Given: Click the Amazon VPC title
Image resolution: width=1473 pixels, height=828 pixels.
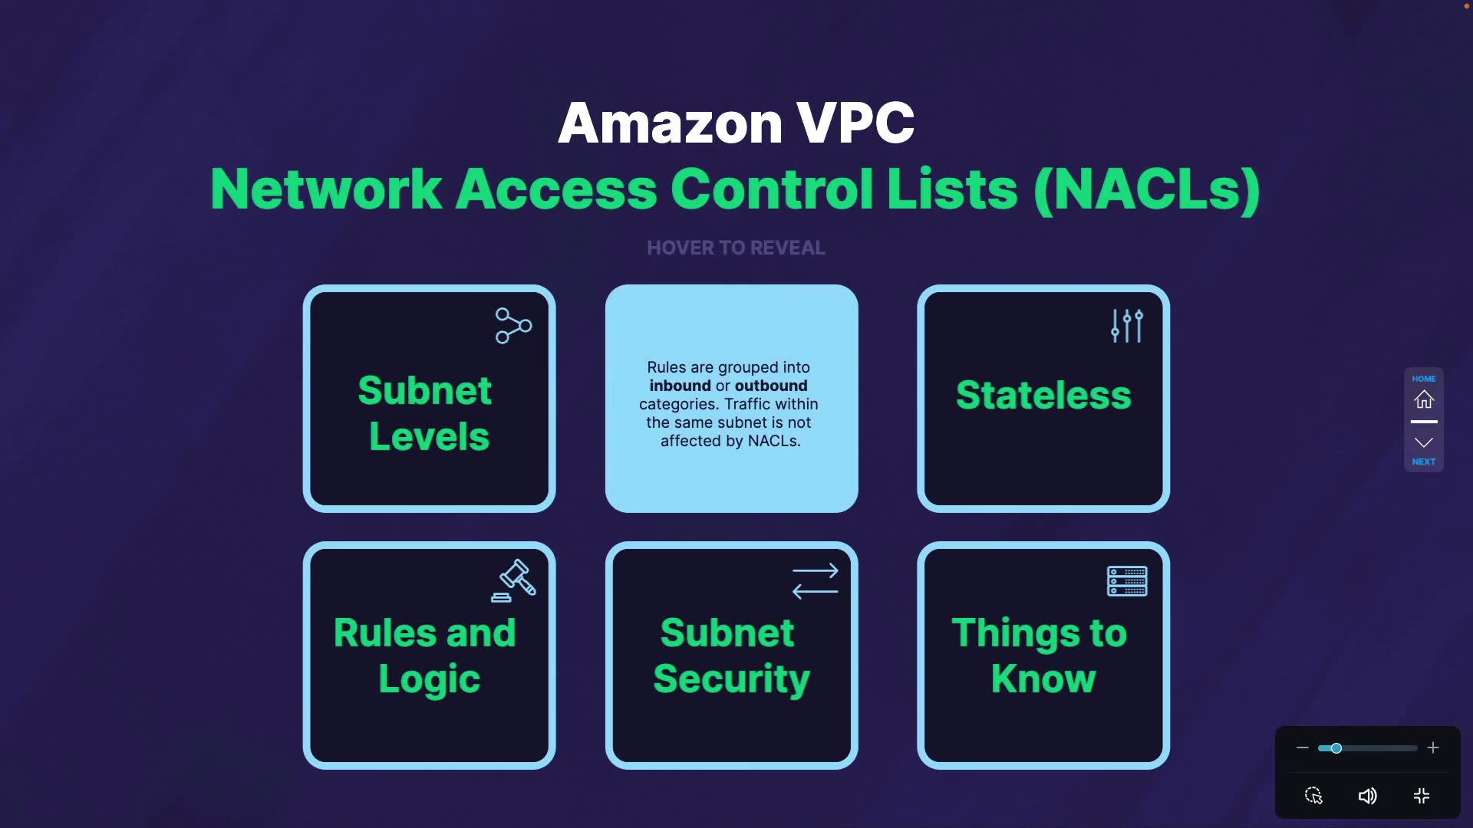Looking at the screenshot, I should click(x=736, y=123).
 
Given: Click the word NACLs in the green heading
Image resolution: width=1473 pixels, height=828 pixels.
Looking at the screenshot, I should click(x=1146, y=189).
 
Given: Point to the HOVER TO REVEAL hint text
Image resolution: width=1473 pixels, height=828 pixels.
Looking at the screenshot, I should click(x=736, y=248).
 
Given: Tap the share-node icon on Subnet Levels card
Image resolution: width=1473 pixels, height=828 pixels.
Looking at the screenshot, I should click(x=513, y=326).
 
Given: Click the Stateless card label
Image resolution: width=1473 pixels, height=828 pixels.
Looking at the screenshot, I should click(x=1043, y=395).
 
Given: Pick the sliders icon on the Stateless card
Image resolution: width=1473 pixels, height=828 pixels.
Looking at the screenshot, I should click(x=1126, y=326).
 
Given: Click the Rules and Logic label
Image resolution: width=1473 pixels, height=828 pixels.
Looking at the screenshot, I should click(x=427, y=655).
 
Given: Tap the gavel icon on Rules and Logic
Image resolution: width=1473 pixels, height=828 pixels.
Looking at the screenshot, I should click(x=514, y=580).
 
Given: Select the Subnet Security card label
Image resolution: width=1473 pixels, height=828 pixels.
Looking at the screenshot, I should click(x=731, y=655).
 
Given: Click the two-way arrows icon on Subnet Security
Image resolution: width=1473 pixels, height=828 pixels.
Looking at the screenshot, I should click(x=815, y=581).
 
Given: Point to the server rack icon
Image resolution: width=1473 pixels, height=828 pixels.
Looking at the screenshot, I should click(x=1126, y=581).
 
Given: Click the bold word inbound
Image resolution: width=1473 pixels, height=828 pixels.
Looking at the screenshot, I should click(x=680, y=386).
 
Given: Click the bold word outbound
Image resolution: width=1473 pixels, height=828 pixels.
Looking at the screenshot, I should click(x=770, y=386).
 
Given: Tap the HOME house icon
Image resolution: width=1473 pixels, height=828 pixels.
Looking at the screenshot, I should click(x=1424, y=399).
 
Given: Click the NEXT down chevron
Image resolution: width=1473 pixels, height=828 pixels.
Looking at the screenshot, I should click(x=1424, y=442).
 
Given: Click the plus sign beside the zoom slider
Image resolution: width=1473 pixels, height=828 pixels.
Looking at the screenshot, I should click(x=1432, y=747).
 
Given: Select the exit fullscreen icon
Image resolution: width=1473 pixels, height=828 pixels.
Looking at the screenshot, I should click(x=1421, y=796).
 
